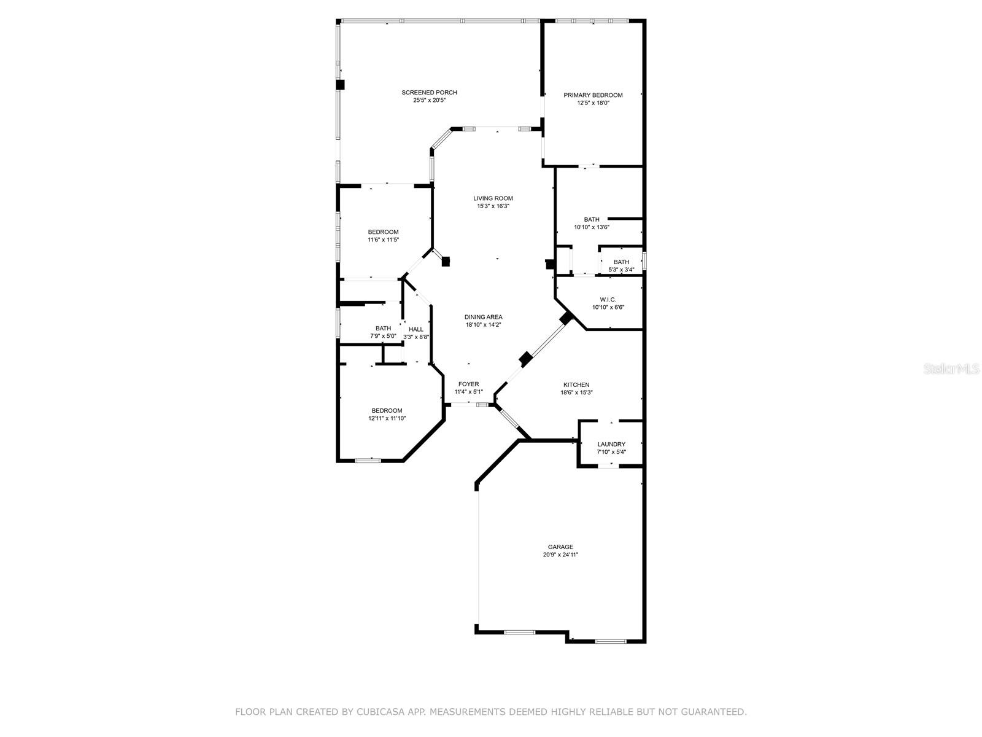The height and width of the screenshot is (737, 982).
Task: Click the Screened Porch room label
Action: (x=429, y=93)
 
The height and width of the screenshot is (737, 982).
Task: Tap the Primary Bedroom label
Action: (x=593, y=95)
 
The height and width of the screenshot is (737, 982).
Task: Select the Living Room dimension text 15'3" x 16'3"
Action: (x=493, y=206)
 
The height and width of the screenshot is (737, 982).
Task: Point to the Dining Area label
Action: (x=483, y=317)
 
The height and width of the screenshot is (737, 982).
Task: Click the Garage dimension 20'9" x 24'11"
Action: (x=560, y=555)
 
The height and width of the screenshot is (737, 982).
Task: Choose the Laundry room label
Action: (x=611, y=444)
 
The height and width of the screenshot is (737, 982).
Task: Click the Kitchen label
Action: (x=576, y=384)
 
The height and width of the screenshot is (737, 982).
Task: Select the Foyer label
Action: (x=468, y=384)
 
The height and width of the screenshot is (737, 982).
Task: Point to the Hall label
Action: (x=416, y=329)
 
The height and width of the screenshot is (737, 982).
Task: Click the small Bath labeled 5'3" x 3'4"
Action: (x=621, y=262)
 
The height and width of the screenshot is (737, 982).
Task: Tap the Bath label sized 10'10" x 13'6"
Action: (x=592, y=219)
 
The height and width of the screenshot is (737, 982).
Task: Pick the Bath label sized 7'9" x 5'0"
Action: (x=383, y=328)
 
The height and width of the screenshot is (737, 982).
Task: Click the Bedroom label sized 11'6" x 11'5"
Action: (x=383, y=232)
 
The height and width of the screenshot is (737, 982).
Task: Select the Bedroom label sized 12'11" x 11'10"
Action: (x=387, y=410)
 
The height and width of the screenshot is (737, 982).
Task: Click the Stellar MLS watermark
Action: (x=952, y=369)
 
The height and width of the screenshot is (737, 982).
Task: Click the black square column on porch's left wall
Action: (x=340, y=85)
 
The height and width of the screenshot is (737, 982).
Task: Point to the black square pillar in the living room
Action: (x=446, y=261)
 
